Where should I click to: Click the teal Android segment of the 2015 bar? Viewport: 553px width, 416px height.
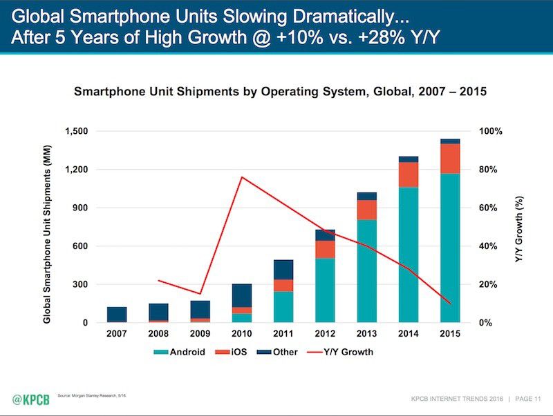click(x=449, y=248)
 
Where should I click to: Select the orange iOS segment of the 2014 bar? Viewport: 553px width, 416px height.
click(x=408, y=175)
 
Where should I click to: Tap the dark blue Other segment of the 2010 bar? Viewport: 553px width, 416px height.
click(x=241, y=295)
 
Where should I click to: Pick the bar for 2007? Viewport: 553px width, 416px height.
click(x=117, y=315)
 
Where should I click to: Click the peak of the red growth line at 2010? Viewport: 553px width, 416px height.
click(x=241, y=177)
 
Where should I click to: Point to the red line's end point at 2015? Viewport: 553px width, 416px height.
click(x=449, y=304)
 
